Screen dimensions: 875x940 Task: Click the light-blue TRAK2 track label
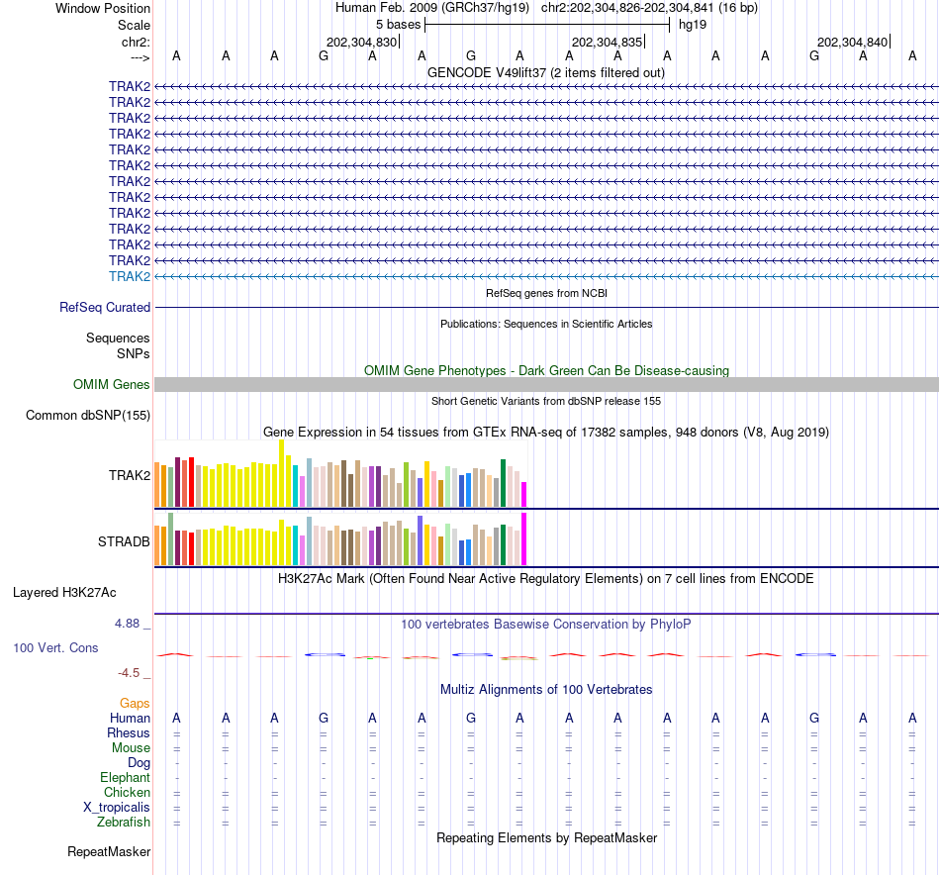(x=130, y=276)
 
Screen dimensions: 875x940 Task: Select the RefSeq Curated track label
(x=105, y=308)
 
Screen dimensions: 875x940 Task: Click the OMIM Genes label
(x=112, y=385)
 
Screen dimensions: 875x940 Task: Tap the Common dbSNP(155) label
(x=88, y=416)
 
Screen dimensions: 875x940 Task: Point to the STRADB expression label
(x=124, y=542)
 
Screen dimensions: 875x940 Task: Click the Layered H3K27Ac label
(x=64, y=593)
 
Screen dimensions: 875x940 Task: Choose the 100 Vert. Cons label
(x=55, y=648)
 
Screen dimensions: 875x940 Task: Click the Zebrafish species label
(x=124, y=823)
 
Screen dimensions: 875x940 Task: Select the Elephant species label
(x=125, y=778)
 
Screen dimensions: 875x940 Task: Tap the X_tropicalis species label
(x=117, y=808)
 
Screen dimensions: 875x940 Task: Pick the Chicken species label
(x=127, y=793)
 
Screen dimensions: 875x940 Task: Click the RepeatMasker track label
(x=109, y=852)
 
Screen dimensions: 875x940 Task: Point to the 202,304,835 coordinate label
(x=607, y=43)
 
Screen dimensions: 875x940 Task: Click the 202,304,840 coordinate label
(x=852, y=43)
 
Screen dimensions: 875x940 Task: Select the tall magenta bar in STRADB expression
(x=523, y=538)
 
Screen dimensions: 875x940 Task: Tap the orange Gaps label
(x=135, y=704)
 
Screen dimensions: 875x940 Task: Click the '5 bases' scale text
(x=398, y=24)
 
